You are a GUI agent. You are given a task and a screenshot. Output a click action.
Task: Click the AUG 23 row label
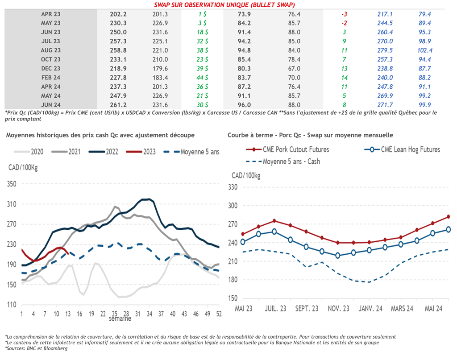coord(51,50)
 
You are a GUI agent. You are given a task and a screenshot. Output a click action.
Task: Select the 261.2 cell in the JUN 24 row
coord(119,105)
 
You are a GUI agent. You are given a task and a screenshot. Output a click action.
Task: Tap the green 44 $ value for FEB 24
coord(202,78)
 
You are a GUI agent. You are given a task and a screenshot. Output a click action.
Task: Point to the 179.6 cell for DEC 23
coord(160,69)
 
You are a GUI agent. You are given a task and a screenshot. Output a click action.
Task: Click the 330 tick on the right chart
coord(233,187)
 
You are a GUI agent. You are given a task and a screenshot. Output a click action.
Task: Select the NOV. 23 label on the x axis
coord(339,309)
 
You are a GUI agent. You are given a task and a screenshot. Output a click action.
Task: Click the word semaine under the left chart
coord(120,319)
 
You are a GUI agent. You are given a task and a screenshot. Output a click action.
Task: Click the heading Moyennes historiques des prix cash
coord(100,135)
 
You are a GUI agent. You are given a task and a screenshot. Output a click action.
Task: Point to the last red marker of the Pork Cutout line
coord(448,217)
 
